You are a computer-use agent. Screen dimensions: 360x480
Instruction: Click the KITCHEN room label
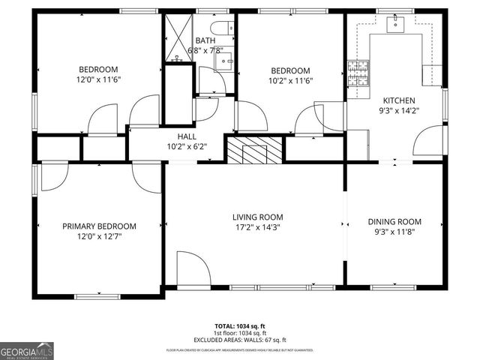(399, 100)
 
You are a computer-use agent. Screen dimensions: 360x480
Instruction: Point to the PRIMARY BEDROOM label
(99, 226)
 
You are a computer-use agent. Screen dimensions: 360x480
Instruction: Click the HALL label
(187, 136)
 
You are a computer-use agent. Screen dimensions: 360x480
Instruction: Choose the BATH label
(205, 40)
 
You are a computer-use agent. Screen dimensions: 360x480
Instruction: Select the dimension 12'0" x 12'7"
(99, 236)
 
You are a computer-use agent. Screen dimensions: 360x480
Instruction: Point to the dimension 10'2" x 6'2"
(187, 147)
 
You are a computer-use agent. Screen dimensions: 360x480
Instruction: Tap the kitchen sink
(394, 25)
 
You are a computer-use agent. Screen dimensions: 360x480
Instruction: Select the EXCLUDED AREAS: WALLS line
(239, 339)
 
